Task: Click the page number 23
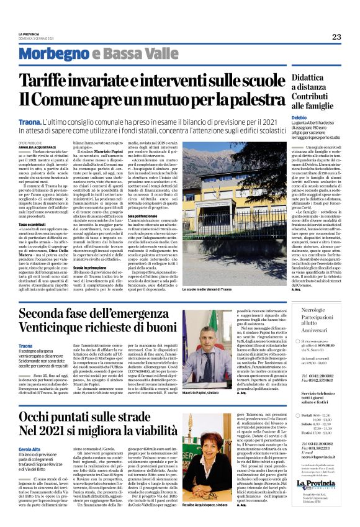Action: pos(336,37)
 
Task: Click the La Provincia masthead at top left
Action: pos(29,34)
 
